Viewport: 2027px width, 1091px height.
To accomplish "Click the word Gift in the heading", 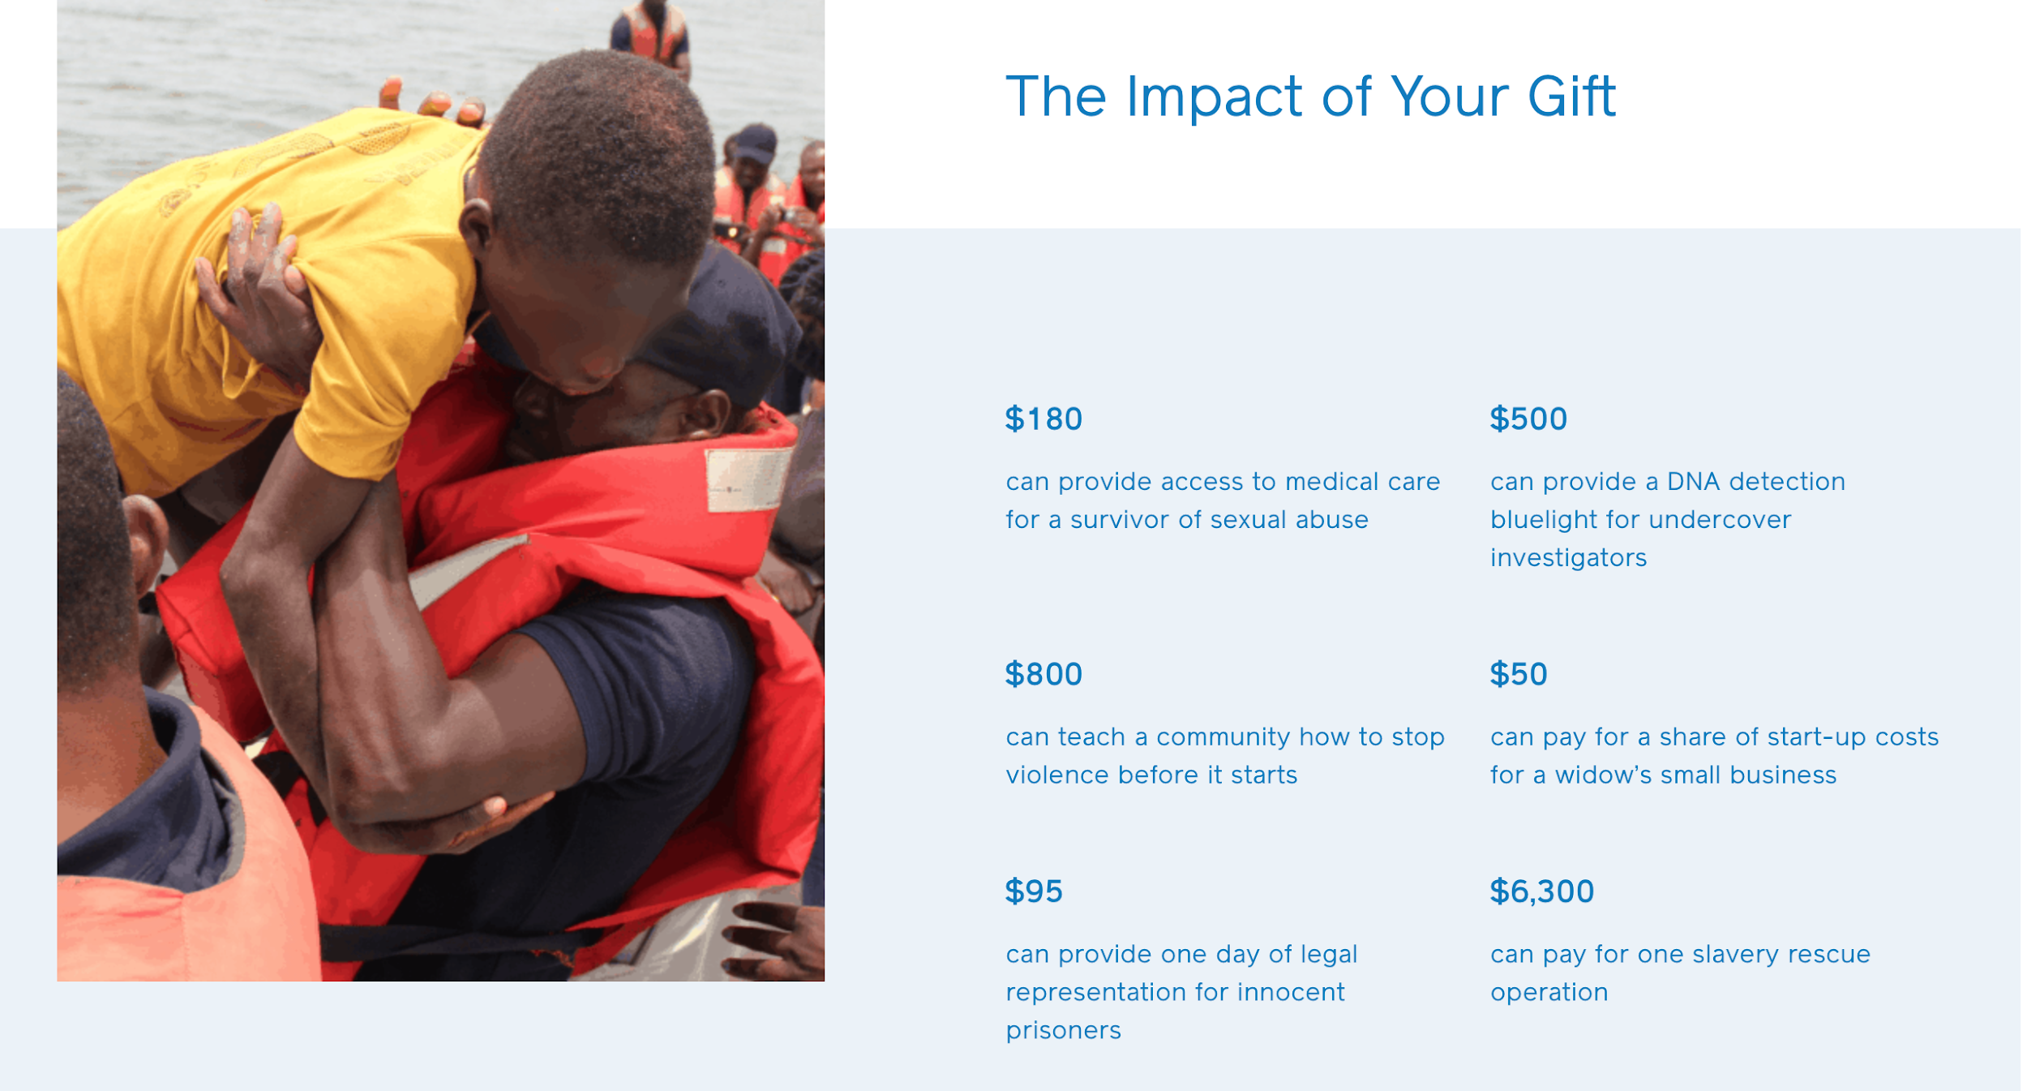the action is coord(1572,97).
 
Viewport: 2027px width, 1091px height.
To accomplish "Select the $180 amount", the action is coord(1043,419).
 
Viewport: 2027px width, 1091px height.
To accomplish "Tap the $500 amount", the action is coord(1528,419).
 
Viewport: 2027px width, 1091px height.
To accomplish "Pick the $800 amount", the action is coord(1043,674).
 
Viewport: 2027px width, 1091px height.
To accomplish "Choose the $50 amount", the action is coord(1519,674).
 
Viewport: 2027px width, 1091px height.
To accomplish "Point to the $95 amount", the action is coord(1034,891).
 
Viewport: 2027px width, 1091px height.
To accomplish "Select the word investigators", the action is coord(1569,558).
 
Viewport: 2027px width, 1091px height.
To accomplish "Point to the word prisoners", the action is coord(1064,1031).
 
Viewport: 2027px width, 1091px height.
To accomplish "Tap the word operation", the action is coord(1549,993).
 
